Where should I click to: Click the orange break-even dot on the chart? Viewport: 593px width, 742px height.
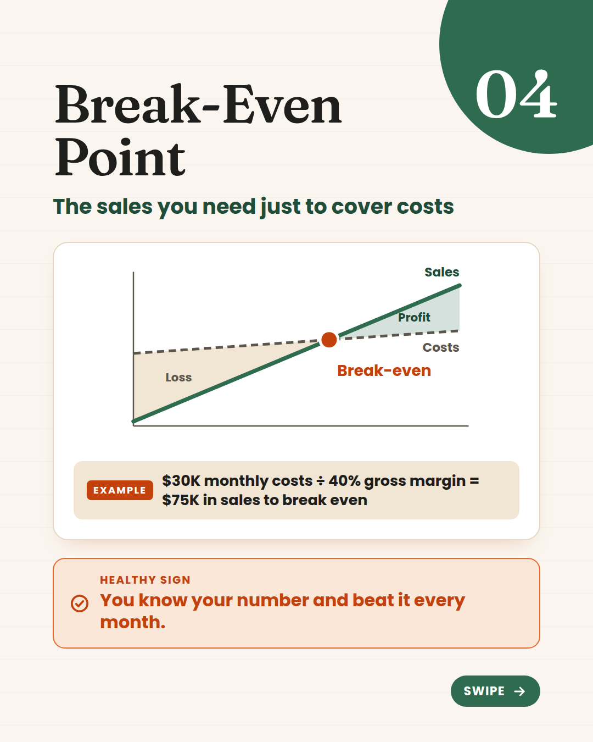point(329,340)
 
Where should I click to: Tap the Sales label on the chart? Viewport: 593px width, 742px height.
point(442,272)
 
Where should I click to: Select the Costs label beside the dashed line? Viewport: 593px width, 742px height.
point(441,347)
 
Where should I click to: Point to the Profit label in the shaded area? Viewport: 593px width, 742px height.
point(414,317)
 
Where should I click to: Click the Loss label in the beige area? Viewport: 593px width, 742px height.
point(178,377)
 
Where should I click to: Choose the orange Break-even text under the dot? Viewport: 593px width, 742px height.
point(384,370)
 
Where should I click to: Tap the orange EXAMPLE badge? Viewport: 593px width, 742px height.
point(120,490)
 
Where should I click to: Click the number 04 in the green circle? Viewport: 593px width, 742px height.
point(516,95)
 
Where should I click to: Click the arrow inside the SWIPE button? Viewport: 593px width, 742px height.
point(519,691)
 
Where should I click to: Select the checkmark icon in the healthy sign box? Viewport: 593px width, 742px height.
point(80,603)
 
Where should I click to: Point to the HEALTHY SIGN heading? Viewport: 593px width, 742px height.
point(145,580)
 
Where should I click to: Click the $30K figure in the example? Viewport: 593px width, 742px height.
point(181,480)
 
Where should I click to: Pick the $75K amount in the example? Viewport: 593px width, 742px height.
point(181,500)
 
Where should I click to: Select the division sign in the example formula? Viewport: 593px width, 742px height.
point(321,481)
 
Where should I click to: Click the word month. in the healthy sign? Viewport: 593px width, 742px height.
point(133,622)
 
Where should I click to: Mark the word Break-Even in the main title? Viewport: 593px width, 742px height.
point(198,104)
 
